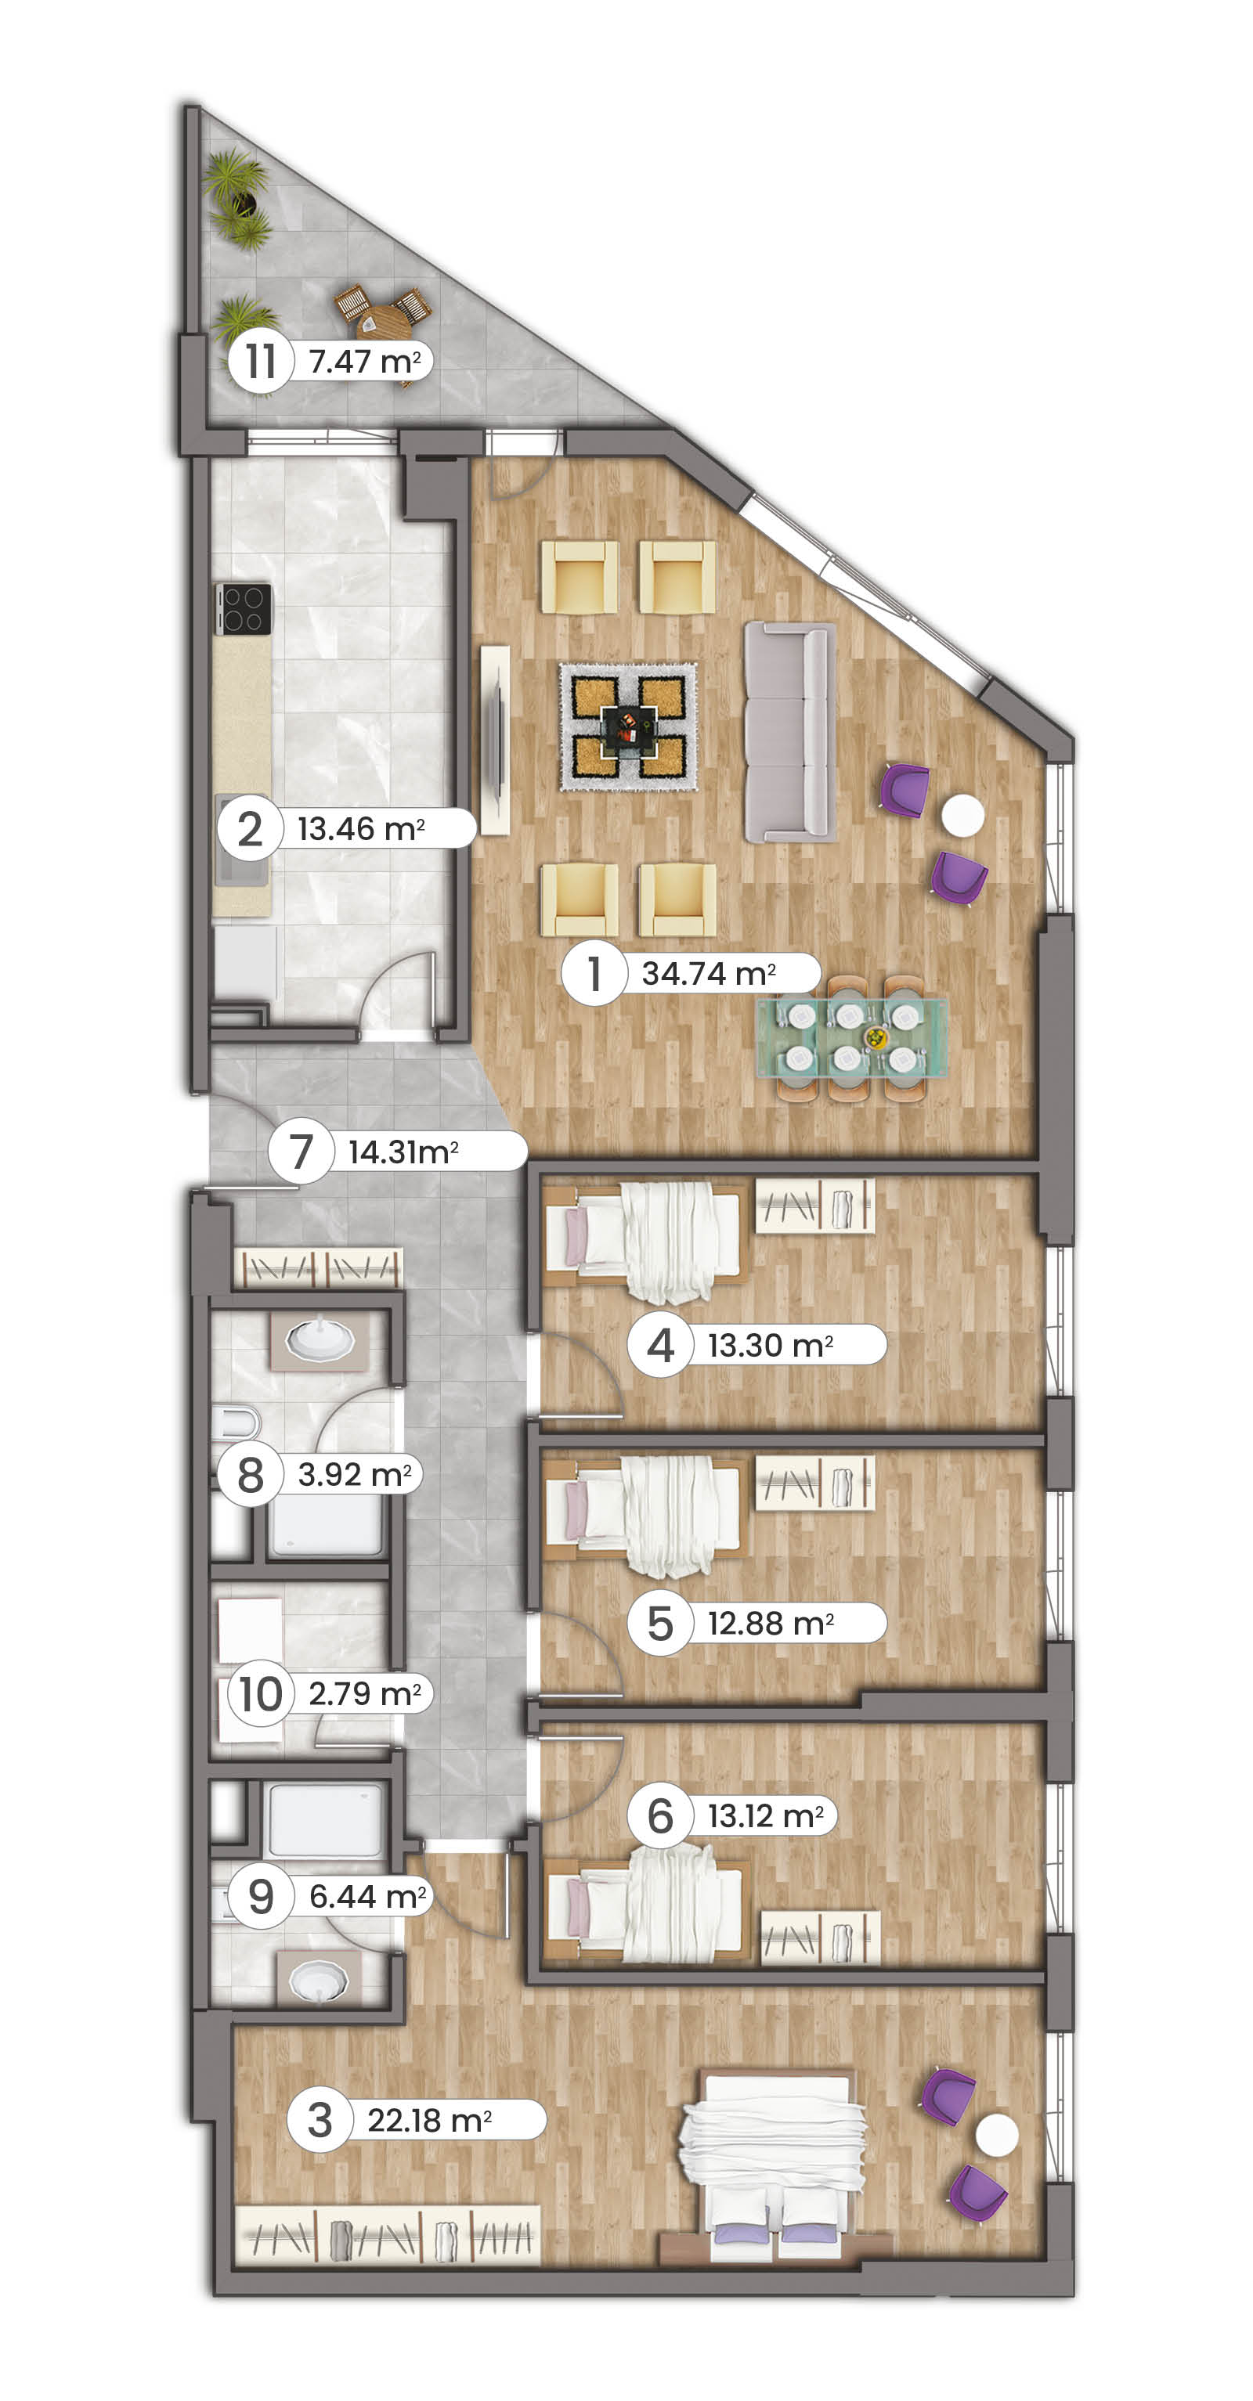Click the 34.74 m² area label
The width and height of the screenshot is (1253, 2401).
(x=709, y=973)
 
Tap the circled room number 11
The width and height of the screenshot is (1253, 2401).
(x=261, y=361)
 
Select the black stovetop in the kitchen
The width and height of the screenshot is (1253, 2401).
(x=244, y=608)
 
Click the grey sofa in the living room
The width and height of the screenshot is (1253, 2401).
(x=789, y=732)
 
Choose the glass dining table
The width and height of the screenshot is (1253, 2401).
(x=852, y=1036)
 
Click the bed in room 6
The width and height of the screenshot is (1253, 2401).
(x=646, y=1901)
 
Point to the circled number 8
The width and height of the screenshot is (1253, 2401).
(x=250, y=1475)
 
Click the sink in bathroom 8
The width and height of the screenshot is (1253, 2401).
(x=320, y=1340)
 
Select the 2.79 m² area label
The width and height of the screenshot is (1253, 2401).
(x=364, y=1693)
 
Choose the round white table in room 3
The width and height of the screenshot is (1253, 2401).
(x=997, y=2134)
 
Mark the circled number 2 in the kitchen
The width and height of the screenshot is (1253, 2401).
(x=250, y=828)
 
